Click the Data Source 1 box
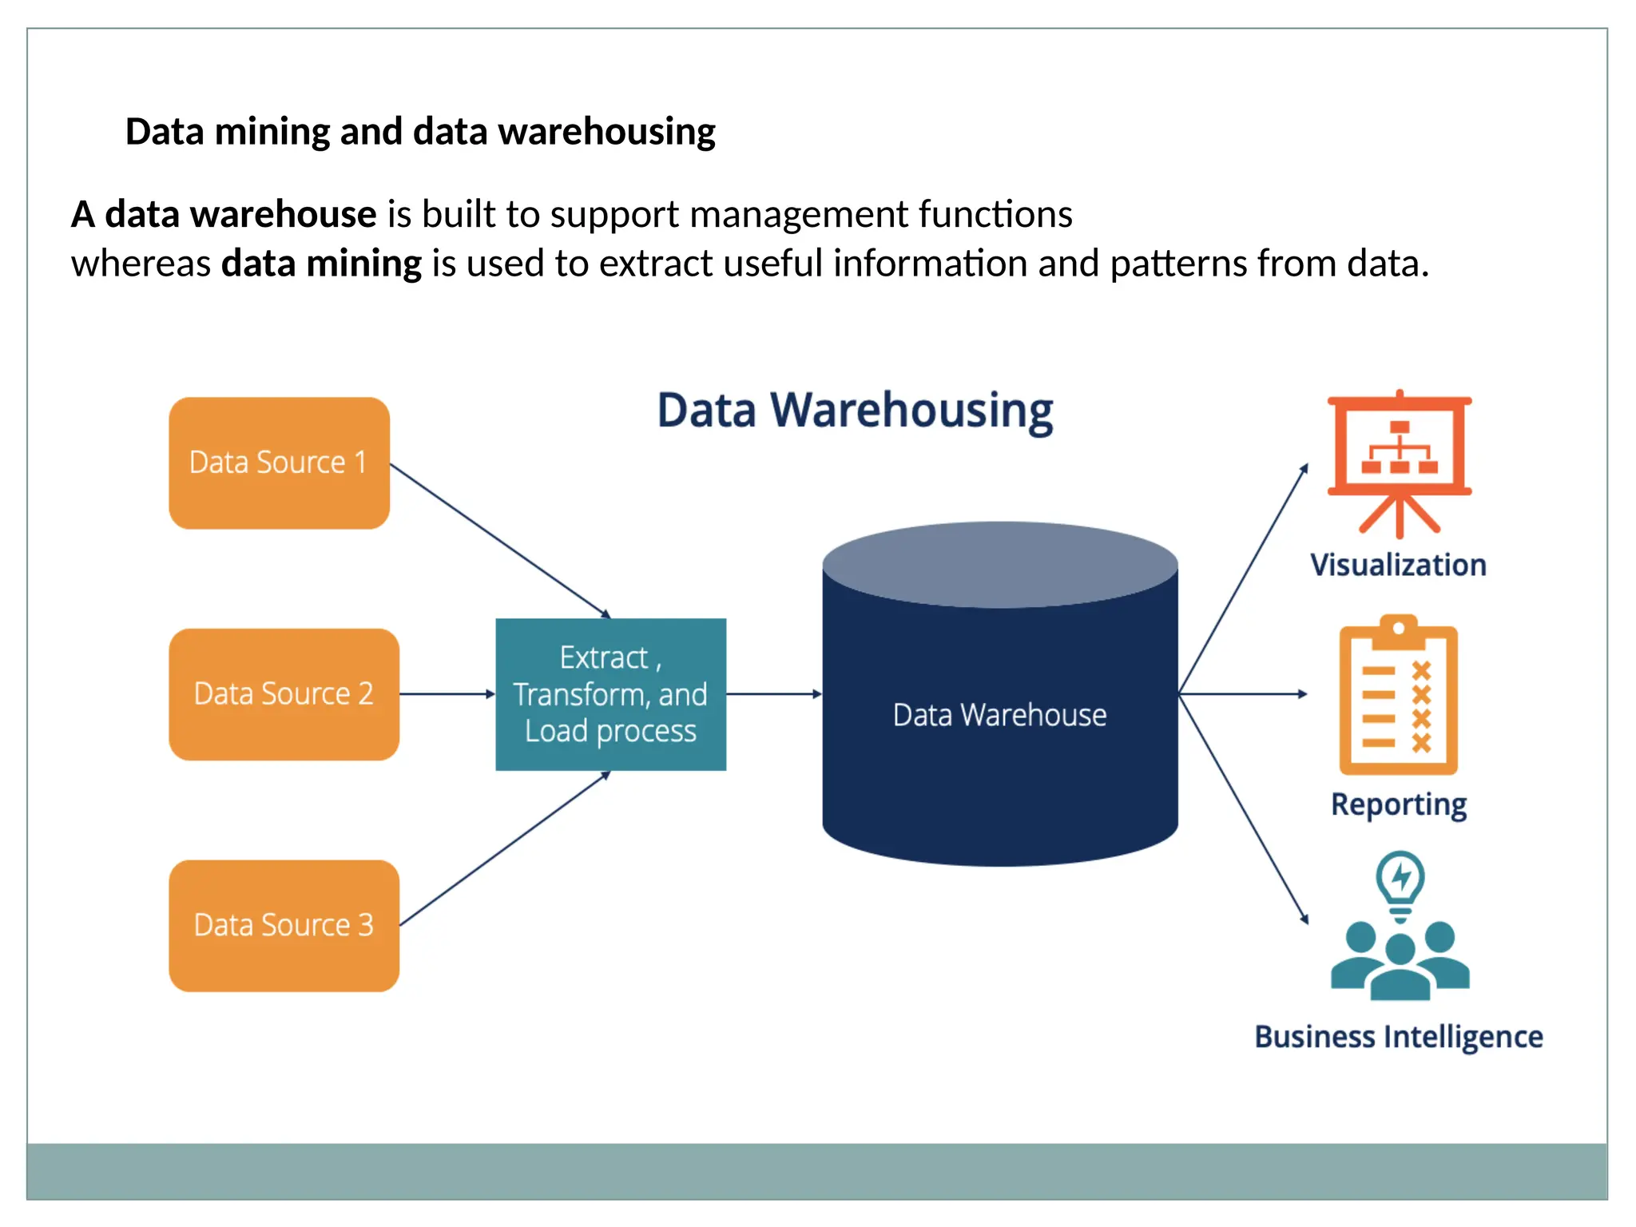(279, 463)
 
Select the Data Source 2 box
(284, 693)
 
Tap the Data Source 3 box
(284, 925)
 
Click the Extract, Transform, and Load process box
(610, 693)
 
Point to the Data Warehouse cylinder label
(999, 714)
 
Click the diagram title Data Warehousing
(855, 411)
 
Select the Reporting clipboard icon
(1398, 695)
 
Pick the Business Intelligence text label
(1398, 1037)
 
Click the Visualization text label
(1398, 565)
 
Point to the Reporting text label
(1398, 804)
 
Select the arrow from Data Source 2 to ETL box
(447, 693)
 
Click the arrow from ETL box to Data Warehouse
(773, 693)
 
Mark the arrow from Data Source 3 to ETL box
(503, 849)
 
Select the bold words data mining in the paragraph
(321, 264)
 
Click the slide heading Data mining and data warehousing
(420, 132)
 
